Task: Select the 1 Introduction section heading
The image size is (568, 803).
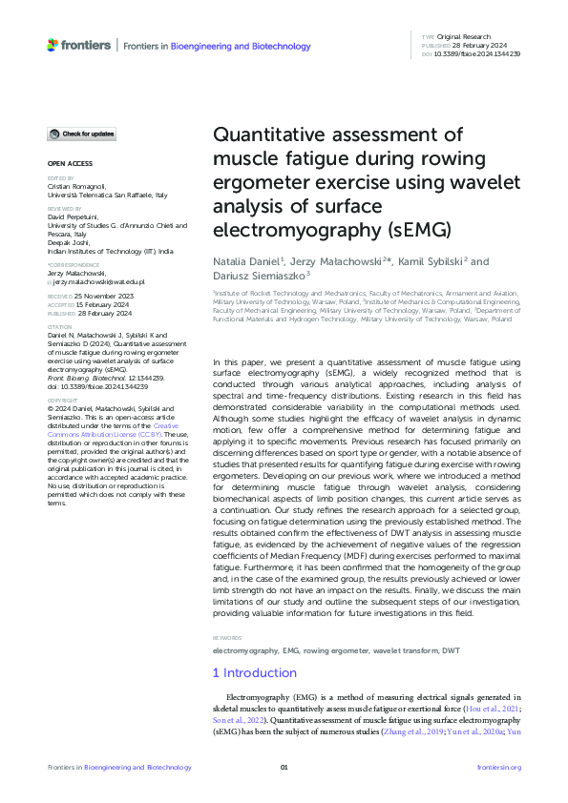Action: [254, 673]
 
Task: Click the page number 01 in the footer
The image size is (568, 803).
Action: [284, 768]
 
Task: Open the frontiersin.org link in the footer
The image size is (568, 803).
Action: [498, 768]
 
